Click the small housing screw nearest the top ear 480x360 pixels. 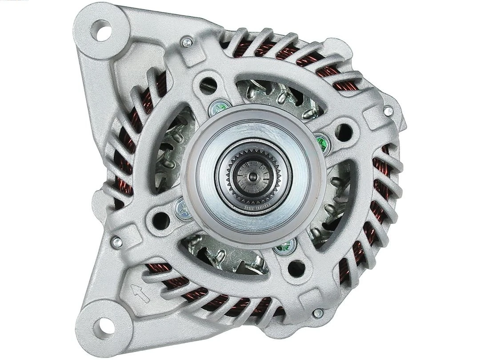pos(187,42)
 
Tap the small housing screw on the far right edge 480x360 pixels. pos(388,111)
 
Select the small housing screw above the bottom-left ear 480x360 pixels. pos(116,242)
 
